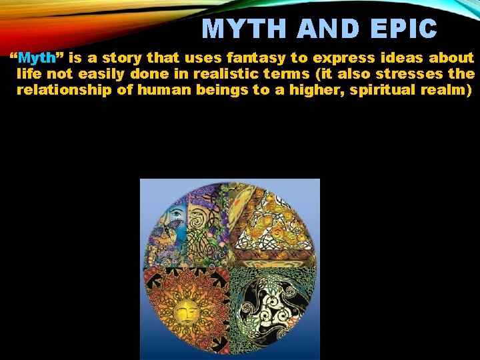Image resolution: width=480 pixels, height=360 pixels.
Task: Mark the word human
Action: tap(164, 89)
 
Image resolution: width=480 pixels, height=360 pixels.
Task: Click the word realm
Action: tap(448, 89)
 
